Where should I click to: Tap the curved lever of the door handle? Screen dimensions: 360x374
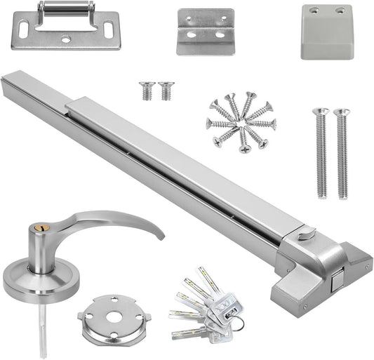pyautogui.click(x=119, y=223)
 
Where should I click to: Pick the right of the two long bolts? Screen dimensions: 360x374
pyautogui.click(x=342, y=152)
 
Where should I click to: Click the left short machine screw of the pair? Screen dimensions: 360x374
pyautogui.click(x=147, y=90)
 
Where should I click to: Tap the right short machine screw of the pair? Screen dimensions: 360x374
pyautogui.click(x=165, y=90)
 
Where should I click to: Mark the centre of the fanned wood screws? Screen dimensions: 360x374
pyautogui.click(x=241, y=120)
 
